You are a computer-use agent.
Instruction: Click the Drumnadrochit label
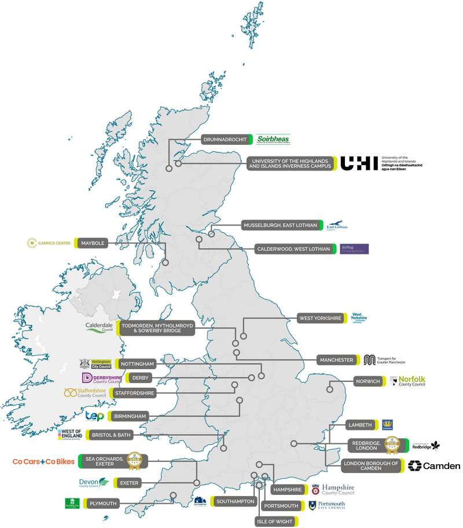pos(224,139)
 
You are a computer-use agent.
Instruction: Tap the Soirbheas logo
pos(273,139)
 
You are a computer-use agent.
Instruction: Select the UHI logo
pos(359,163)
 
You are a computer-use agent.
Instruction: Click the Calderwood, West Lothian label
pos(294,249)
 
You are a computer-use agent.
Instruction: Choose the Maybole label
pos(93,243)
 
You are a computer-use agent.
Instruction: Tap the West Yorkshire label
pos(319,318)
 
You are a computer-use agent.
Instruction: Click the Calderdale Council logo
pos(99,327)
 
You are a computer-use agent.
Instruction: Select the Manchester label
pos(336,360)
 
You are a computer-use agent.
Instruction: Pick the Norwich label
pos(369,381)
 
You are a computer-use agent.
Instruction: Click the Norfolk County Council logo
pos(407,381)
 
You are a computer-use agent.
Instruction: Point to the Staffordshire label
pos(134,393)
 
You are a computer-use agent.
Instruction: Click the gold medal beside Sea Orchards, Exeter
pos(134,460)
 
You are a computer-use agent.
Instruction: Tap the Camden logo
pos(434,466)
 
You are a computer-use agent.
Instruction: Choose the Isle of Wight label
pos(274,521)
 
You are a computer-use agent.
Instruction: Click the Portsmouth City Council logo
pos(327,505)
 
